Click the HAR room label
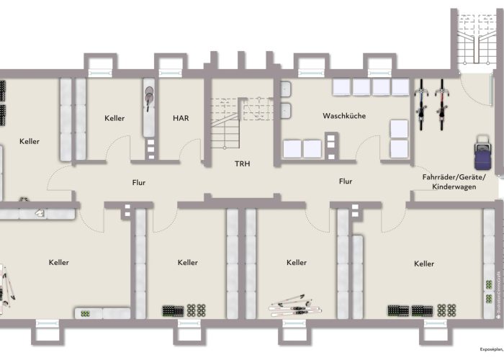pos(180,118)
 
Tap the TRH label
pos(242,164)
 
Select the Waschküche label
pos(343,115)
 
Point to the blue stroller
pos(480,153)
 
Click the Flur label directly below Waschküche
pos(346,182)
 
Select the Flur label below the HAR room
pos(138,182)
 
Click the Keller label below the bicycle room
pos(424,264)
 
